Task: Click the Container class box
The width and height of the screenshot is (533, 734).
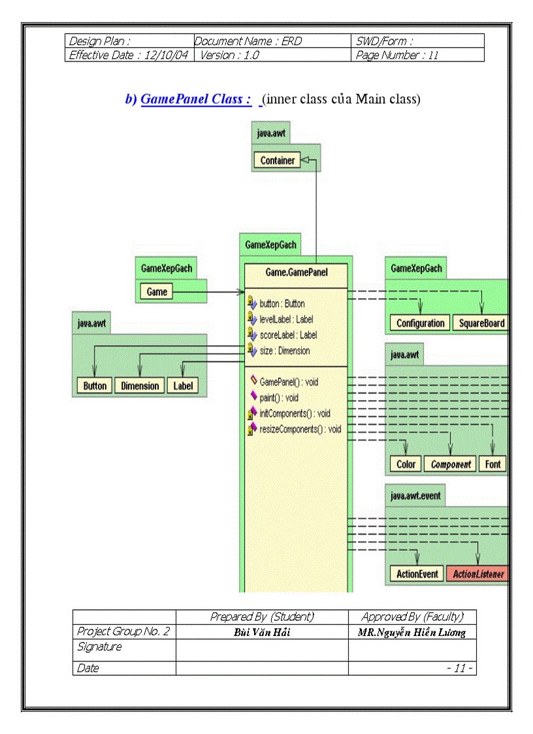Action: click(x=277, y=160)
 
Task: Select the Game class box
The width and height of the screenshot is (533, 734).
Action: click(x=157, y=292)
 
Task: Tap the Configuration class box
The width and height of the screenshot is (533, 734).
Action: click(x=420, y=323)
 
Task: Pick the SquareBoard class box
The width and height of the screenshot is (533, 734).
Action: click(x=481, y=323)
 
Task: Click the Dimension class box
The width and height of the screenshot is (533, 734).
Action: click(x=140, y=386)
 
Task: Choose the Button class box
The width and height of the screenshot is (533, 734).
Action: click(x=95, y=386)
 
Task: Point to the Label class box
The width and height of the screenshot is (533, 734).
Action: click(x=183, y=386)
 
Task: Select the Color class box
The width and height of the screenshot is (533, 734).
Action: click(x=406, y=464)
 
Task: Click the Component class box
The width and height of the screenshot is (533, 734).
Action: click(x=450, y=464)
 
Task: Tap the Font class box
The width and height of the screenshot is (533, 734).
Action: click(x=493, y=464)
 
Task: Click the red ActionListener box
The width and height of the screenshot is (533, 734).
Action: click(x=479, y=574)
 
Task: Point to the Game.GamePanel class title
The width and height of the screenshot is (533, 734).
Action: click(x=297, y=272)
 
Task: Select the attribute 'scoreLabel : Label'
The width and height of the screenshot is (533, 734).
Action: click(x=288, y=335)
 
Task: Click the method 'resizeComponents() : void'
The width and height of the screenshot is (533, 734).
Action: click(x=300, y=429)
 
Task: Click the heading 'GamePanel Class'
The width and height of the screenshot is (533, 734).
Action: click(x=196, y=99)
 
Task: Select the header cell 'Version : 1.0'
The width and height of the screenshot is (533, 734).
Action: click(x=229, y=55)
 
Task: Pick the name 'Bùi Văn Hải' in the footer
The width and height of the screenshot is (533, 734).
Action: click(x=261, y=632)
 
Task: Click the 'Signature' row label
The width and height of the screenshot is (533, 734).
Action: click(x=100, y=646)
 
